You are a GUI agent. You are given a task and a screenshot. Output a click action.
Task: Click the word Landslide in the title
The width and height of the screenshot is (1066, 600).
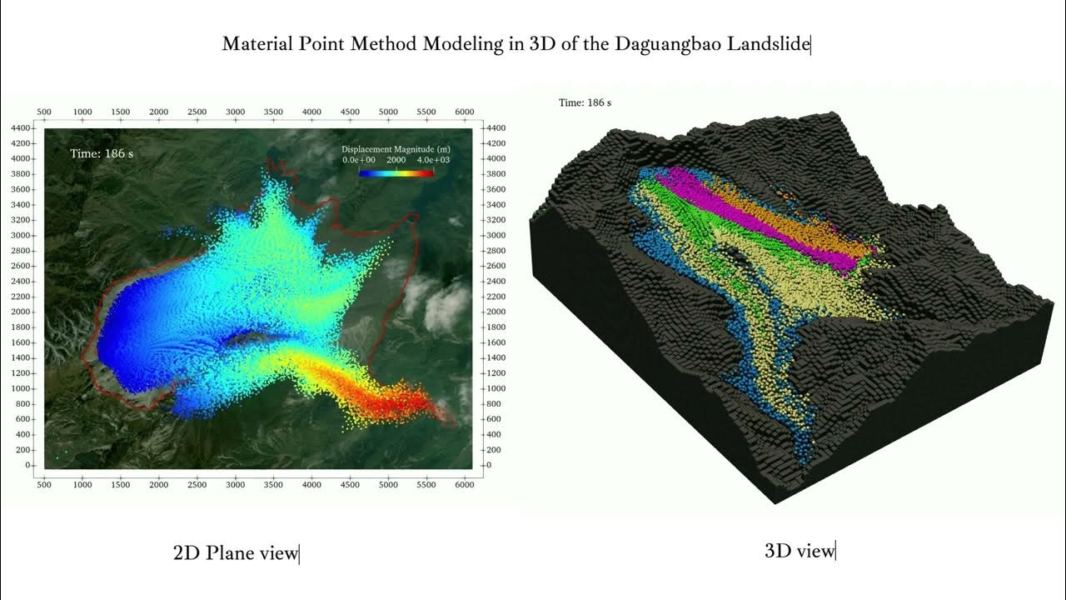pyautogui.click(x=768, y=44)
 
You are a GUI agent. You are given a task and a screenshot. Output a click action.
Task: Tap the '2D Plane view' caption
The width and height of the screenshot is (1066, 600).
pyautogui.click(x=235, y=552)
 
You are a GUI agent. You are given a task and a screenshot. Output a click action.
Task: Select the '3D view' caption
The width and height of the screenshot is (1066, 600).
pyautogui.click(x=799, y=551)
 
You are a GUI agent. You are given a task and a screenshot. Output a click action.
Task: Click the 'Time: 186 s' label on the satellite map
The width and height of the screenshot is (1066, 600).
pyautogui.click(x=102, y=153)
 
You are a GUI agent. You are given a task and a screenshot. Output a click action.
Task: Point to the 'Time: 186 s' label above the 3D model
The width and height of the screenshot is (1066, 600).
pyautogui.click(x=585, y=102)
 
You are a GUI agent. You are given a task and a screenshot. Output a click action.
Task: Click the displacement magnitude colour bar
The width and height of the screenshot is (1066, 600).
pyautogui.click(x=396, y=173)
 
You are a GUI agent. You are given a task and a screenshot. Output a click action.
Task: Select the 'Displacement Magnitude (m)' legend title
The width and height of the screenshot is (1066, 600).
pyautogui.click(x=396, y=149)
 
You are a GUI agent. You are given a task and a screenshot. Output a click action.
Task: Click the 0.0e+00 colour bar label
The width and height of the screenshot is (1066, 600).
pyautogui.click(x=359, y=159)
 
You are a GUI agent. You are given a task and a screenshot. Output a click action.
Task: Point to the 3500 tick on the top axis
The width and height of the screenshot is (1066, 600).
pyautogui.click(x=273, y=112)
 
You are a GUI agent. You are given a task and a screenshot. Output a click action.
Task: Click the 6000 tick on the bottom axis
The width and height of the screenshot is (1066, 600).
pyautogui.click(x=464, y=484)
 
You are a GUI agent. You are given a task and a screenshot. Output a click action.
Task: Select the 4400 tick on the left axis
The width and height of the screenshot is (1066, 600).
pyautogui.click(x=22, y=127)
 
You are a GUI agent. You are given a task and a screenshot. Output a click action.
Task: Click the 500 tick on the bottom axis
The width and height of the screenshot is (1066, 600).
pyautogui.click(x=44, y=484)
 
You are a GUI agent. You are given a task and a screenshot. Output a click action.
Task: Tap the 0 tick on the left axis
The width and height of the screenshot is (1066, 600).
pyautogui.click(x=28, y=465)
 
